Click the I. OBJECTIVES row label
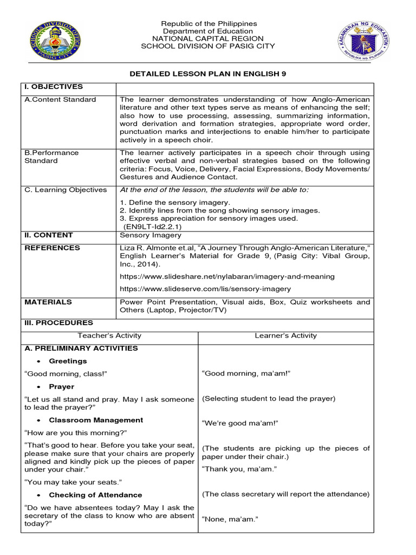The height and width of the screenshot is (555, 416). pos(54,87)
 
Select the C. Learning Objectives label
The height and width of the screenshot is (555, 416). pos(66,190)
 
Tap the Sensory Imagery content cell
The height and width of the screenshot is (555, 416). pos(143,235)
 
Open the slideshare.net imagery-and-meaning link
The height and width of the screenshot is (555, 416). pos(227,276)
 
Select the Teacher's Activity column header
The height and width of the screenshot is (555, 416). pos(109,335)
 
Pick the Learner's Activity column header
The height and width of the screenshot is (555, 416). pos(285,335)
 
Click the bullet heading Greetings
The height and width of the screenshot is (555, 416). pos(68,361)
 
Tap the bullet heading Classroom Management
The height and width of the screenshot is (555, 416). pos(96,420)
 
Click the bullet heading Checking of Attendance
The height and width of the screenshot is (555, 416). pos(95,495)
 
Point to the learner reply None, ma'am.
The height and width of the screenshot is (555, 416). pos(230,519)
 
